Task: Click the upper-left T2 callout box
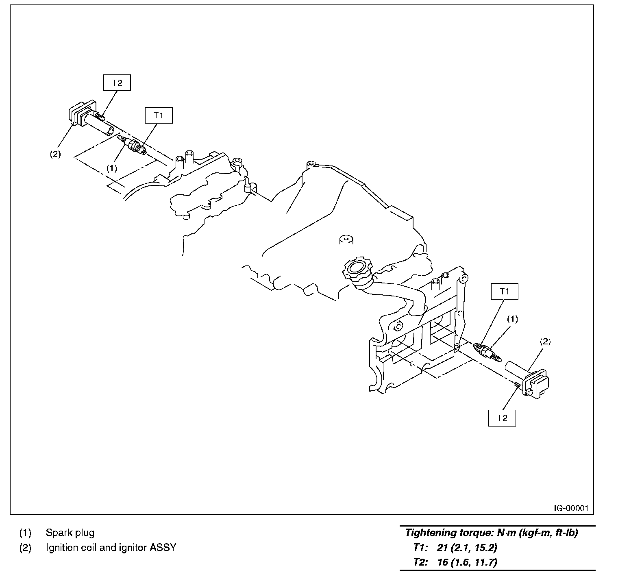(117, 83)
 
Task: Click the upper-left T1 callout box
(159, 115)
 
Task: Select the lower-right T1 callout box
(505, 291)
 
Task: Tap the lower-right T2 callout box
(502, 418)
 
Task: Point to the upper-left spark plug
(133, 146)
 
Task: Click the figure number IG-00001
(571, 508)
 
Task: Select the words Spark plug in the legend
(70, 532)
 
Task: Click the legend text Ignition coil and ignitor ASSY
(111, 547)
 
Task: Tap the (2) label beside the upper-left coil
(55, 154)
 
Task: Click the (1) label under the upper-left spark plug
(112, 168)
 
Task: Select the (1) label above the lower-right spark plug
(512, 319)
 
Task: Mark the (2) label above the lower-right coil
(545, 342)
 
